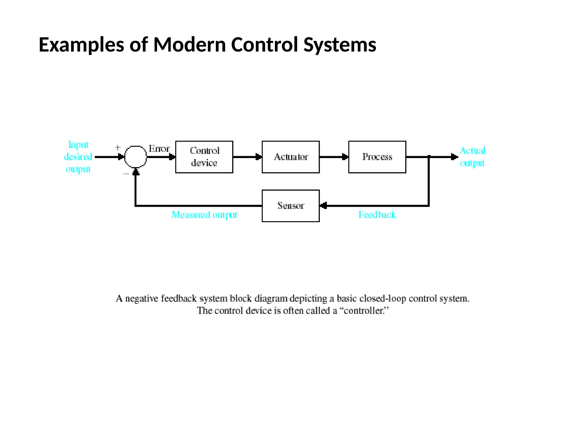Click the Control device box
204,157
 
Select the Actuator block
291,157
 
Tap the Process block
377,157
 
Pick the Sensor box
291,206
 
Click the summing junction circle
135,157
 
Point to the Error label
159,149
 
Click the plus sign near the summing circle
118,148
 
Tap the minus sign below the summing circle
126,174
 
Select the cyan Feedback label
377,215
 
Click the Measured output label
204,215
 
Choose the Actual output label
472,157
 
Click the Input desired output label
78,157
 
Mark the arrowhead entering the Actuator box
259,157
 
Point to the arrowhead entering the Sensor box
324,206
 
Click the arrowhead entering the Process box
345,157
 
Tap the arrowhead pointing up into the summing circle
135,172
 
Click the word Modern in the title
189,45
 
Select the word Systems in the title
340,45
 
